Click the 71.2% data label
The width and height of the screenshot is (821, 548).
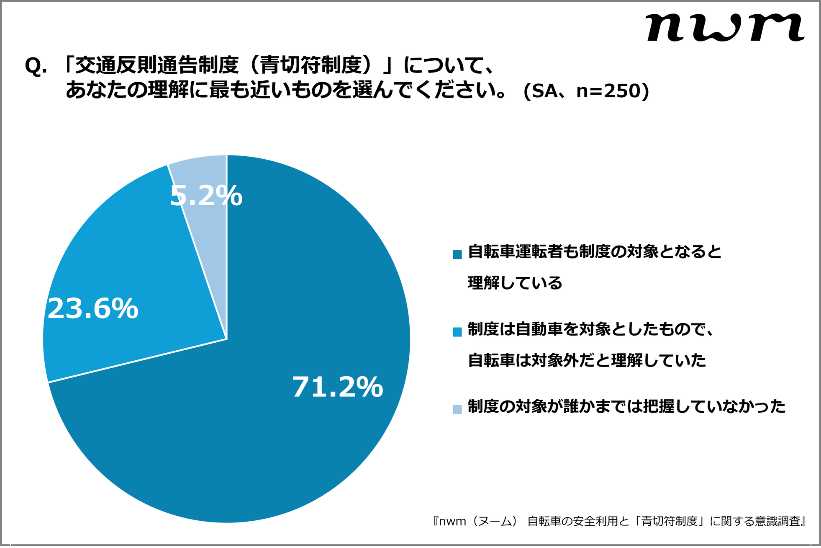pyautogui.click(x=337, y=387)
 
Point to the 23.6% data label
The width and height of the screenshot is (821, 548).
pyautogui.click(x=92, y=309)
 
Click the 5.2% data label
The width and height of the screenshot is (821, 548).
pyautogui.click(x=206, y=196)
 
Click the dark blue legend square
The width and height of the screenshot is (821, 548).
pyautogui.click(x=457, y=254)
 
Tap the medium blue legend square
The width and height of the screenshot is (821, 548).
pyautogui.click(x=457, y=332)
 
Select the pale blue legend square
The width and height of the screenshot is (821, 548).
pyautogui.click(x=457, y=409)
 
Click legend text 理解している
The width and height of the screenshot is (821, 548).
pyautogui.click(x=515, y=283)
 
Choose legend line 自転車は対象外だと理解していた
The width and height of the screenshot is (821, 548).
pyautogui.click(x=587, y=360)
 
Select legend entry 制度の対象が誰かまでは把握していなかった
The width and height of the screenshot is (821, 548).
pyautogui.click(x=626, y=406)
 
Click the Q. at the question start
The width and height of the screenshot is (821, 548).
pyautogui.click(x=36, y=66)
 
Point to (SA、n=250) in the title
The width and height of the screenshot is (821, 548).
pyautogui.click(x=586, y=91)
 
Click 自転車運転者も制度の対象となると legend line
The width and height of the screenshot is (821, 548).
pyautogui.click(x=595, y=252)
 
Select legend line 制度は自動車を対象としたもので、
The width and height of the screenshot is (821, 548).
pyautogui.click(x=590, y=329)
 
